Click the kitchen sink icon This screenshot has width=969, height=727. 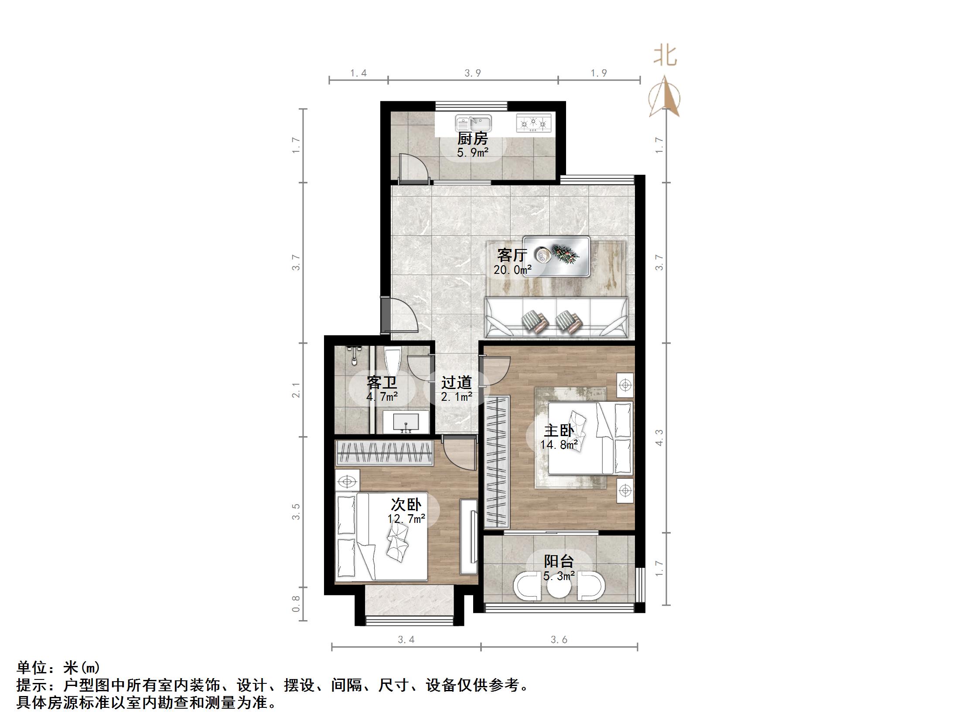[473, 123]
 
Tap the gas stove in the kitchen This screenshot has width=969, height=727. [533, 123]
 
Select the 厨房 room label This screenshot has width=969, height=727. [472, 140]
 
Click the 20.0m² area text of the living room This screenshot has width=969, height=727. [512, 270]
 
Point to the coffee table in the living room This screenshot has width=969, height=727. [556, 256]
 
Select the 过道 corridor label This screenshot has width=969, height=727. [457, 382]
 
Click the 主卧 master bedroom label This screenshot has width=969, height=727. [559, 430]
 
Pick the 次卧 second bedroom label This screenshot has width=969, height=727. [406, 505]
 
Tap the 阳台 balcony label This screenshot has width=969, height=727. [559, 561]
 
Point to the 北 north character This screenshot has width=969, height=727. [665, 57]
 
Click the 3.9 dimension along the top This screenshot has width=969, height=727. [473, 73]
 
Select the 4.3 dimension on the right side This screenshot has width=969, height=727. [659, 438]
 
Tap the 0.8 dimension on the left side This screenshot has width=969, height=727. [296, 604]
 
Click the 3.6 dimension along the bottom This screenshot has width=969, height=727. [559, 640]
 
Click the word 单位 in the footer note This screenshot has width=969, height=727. [31, 668]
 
